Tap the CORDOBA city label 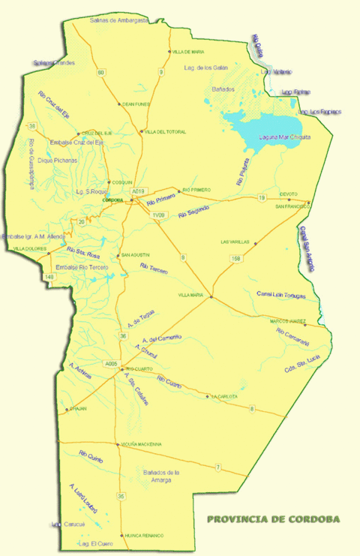pos(112,200)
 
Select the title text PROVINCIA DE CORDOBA pos(273,518)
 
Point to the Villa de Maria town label pos(188,52)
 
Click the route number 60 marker pos(101,73)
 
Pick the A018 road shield pos(137,192)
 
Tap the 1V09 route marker pos(157,215)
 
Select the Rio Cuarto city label pos(139,369)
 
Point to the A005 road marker pos(112,364)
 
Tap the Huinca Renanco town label pos(144,535)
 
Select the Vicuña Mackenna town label pos(141,444)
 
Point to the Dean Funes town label pos(137,104)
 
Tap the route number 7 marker pos(218,467)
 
